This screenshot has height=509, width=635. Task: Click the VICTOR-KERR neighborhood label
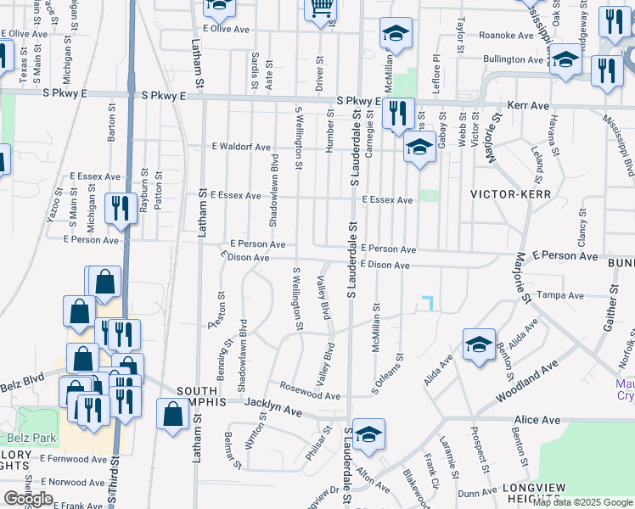click(x=511, y=194)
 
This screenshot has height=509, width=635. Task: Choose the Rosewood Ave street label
click(x=311, y=395)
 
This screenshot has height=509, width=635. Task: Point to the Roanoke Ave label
click(x=506, y=35)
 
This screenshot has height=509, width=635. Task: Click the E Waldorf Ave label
click(x=242, y=147)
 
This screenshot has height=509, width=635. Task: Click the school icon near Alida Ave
click(x=479, y=344)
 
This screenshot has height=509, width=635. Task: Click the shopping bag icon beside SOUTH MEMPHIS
click(x=172, y=415)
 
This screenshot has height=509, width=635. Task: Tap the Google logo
click(x=28, y=499)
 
